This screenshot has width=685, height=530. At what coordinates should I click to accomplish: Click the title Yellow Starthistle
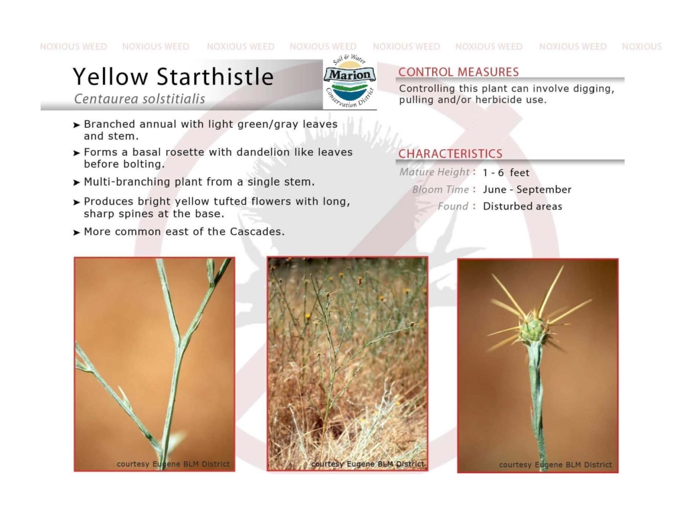173,76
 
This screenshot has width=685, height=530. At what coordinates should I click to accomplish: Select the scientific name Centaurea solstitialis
139,99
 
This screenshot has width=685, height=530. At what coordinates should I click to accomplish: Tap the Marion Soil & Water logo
349,81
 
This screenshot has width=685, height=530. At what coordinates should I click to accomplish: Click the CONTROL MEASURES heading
458,72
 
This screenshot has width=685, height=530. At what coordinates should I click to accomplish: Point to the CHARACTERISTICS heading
450,154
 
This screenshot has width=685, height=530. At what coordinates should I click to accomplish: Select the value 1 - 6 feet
506,173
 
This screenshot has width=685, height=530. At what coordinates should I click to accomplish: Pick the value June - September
527,189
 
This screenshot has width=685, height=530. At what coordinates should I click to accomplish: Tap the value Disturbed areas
522,206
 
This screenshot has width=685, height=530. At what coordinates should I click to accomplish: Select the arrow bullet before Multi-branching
76,182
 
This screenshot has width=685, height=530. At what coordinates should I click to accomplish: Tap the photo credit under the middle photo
367,464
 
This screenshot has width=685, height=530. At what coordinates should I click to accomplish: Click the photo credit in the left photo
173,464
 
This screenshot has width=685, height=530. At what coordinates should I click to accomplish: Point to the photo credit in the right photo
555,464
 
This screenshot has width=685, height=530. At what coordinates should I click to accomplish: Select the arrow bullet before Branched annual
76,125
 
